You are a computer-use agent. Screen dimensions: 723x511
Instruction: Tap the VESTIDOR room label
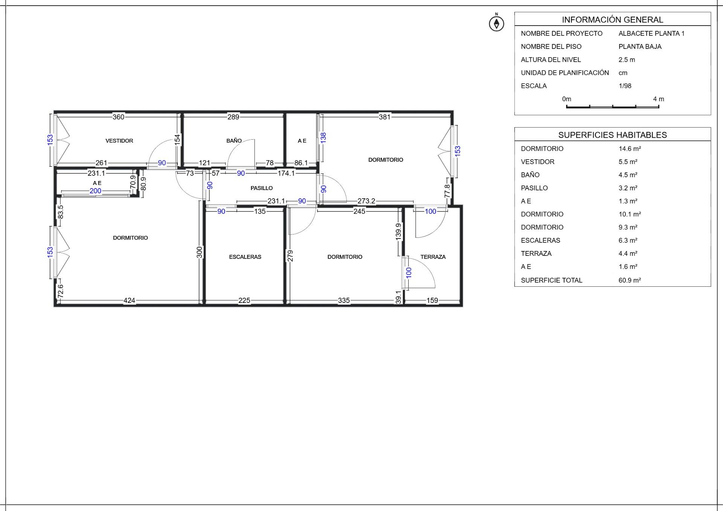point(119,141)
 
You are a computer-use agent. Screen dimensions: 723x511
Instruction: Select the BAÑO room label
point(234,140)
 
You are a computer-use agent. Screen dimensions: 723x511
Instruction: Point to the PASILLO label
point(262,188)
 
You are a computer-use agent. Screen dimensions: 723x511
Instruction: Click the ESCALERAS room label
point(245,257)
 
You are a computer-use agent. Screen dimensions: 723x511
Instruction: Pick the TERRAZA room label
point(433,257)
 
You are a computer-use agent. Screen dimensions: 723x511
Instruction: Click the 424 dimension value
point(129,300)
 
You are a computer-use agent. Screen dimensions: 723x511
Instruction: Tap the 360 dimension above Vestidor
point(118,117)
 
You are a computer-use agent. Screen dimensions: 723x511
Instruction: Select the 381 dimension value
point(384,117)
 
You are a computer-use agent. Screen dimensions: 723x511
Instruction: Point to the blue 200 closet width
point(95,191)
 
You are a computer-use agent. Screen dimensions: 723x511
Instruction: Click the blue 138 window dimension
point(323,138)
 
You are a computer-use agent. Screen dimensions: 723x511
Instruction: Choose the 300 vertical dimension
point(200,252)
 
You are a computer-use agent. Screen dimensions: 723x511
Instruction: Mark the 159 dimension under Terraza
point(432,300)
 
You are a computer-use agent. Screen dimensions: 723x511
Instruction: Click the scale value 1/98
point(625,86)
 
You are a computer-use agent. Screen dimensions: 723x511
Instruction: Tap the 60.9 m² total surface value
point(630,280)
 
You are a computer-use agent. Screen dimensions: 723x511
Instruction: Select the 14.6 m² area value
point(630,149)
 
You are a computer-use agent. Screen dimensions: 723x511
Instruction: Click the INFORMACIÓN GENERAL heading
point(613,20)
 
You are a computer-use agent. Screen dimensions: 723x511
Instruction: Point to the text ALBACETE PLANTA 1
point(651,33)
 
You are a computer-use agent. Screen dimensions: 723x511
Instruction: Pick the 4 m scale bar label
point(659,99)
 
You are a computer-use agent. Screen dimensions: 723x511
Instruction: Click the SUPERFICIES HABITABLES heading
point(613,135)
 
